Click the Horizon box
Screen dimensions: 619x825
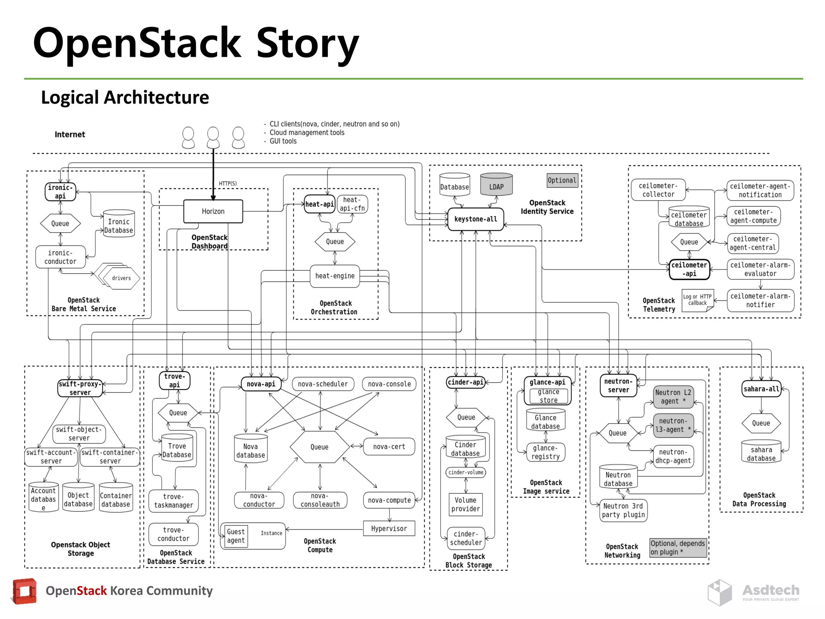[x=213, y=211]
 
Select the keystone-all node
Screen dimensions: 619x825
[x=475, y=219]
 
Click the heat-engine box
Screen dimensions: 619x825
[x=335, y=276]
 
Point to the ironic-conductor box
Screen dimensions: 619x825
[x=60, y=257]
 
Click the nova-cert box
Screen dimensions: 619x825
[x=389, y=447]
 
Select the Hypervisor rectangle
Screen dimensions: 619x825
[x=389, y=528]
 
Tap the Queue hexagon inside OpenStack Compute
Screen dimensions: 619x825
[x=319, y=447]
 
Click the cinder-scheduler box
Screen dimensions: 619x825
[x=466, y=538]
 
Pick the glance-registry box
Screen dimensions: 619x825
[x=545, y=452]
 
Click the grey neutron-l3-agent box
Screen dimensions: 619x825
[x=673, y=425]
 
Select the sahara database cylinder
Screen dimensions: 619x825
[x=761, y=452]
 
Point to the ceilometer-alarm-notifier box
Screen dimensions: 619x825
[x=760, y=301]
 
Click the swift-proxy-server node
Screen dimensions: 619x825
[x=80, y=388]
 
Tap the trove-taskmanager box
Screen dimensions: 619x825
[x=173, y=501]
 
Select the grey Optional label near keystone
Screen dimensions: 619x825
[x=562, y=181]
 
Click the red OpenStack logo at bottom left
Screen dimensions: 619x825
[x=25, y=591]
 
